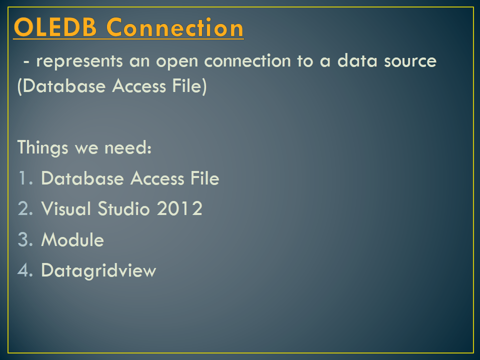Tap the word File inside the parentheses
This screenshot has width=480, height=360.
(x=188, y=86)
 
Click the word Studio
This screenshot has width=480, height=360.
(x=126, y=209)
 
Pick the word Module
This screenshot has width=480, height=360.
(x=72, y=240)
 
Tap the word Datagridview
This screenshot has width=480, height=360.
(x=98, y=271)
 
